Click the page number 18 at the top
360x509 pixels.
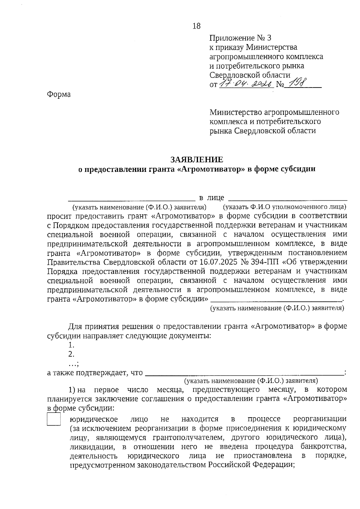click(x=196, y=26)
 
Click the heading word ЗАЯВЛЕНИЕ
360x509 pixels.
click(x=196, y=159)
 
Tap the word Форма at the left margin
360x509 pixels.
click(x=59, y=94)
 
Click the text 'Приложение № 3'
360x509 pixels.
click(x=240, y=38)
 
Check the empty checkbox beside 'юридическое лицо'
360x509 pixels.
click(x=54, y=419)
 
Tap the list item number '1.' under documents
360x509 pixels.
click(x=71, y=345)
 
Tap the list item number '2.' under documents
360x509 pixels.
click(x=71, y=354)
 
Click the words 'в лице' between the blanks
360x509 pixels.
click(x=212, y=198)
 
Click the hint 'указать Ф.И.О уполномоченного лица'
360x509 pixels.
click(x=284, y=207)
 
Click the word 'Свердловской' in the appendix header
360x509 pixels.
click(x=233, y=75)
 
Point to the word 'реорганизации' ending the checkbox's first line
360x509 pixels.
click(x=319, y=419)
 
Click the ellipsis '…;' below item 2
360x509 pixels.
click(x=73, y=364)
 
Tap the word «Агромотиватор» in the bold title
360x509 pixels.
click(x=209, y=169)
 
